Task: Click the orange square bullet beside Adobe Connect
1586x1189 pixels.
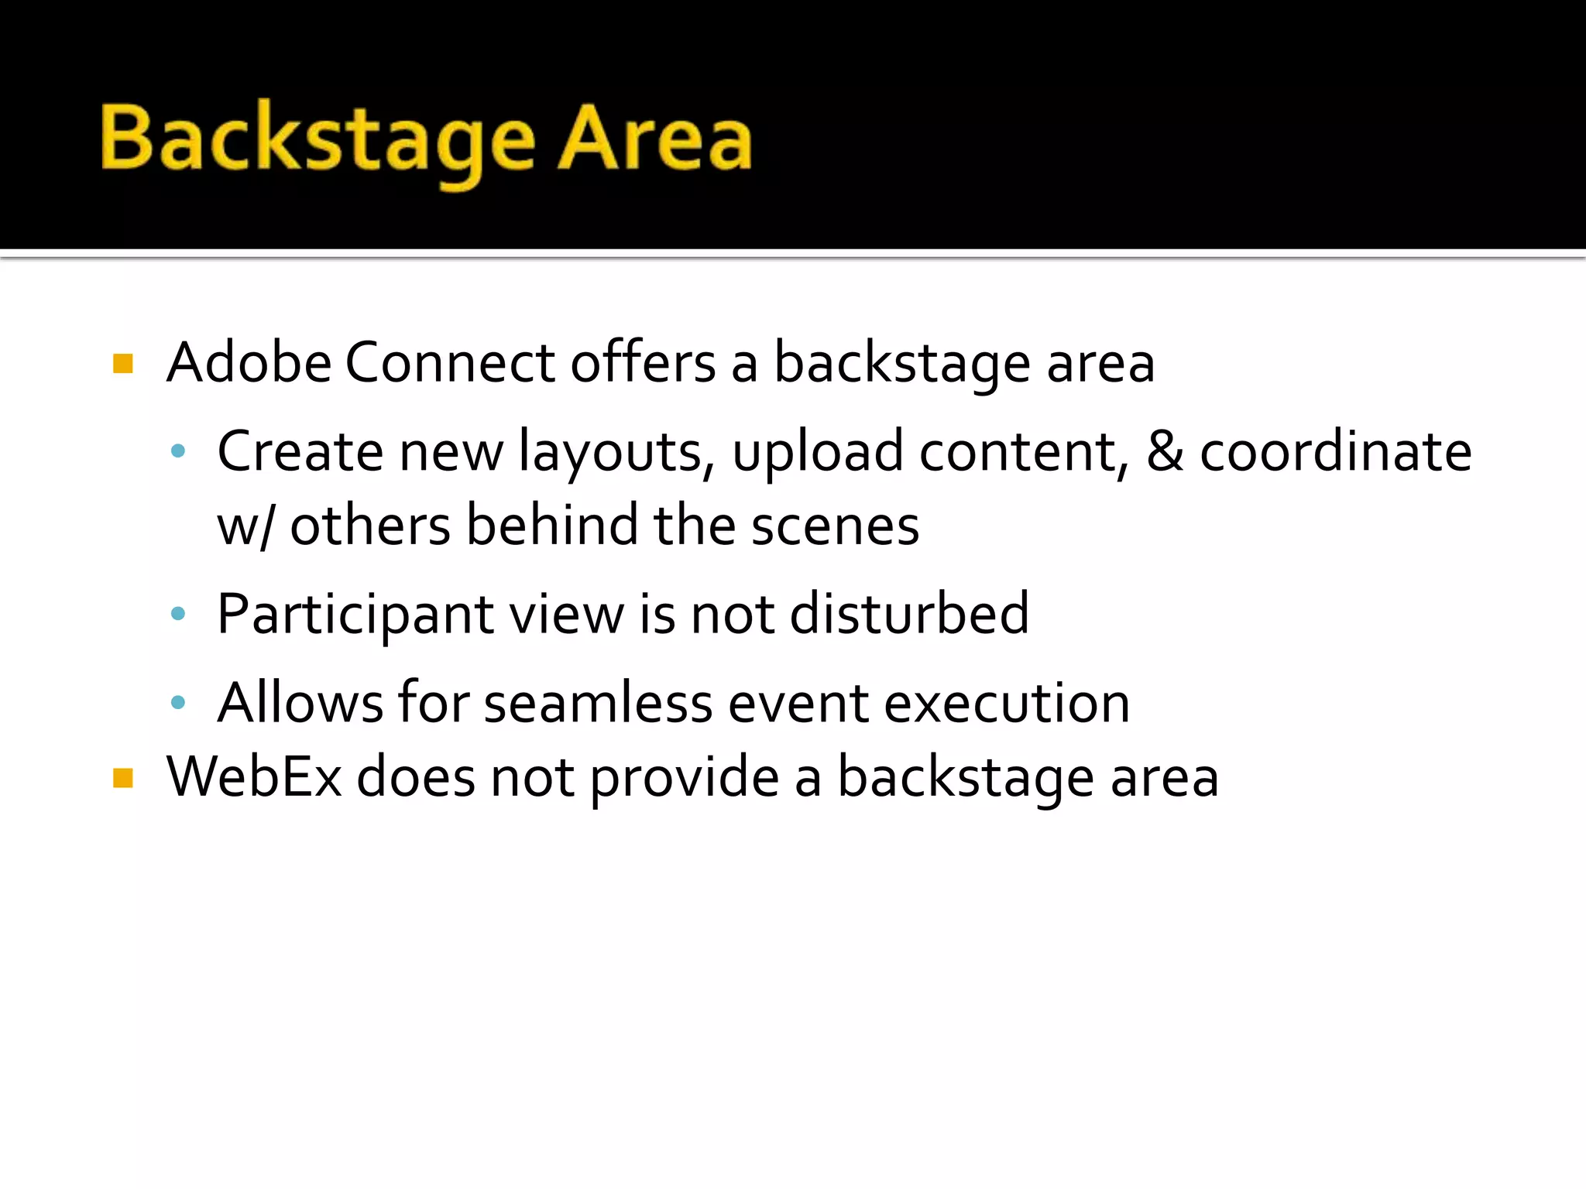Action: [123, 363]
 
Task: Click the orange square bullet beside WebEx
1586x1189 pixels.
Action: [123, 777]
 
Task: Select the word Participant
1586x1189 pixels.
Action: [355, 615]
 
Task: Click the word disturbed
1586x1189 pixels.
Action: [909, 613]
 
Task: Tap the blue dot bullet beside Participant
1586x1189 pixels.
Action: [178, 615]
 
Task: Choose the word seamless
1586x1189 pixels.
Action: [598, 703]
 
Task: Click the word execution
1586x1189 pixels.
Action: [1007, 703]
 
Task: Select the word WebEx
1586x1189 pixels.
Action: [254, 776]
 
